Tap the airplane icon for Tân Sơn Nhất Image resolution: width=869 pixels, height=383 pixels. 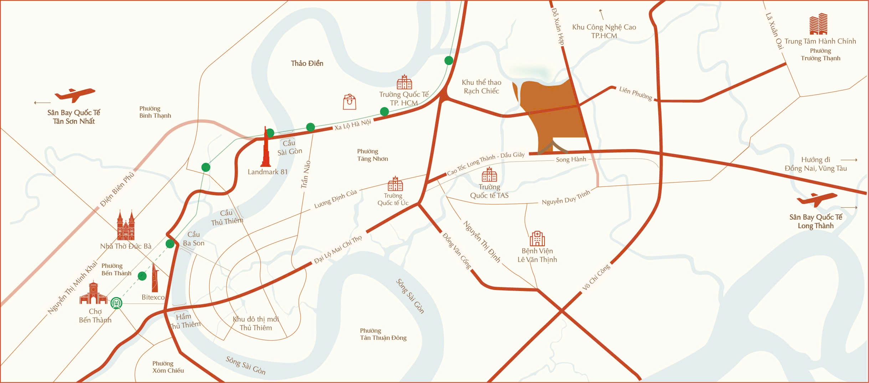pyautogui.click(x=75, y=95)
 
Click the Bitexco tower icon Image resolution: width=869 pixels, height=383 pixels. pyautogui.click(x=155, y=278)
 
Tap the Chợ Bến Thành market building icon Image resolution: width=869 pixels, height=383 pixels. pyautogui.click(x=93, y=293)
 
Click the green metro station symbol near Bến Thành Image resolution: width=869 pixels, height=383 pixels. pyautogui.click(x=116, y=303)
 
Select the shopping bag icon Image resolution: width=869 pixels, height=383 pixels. pyautogui.click(x=349, y=102)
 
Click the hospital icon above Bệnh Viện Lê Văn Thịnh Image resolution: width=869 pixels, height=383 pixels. pyautogui.click(x=537, y=239)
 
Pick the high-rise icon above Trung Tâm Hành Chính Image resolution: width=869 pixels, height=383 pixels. pyautogui.click(x=818, y=24)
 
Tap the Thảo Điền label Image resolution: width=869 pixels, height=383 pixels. pyautogui.click(x=307, y=63)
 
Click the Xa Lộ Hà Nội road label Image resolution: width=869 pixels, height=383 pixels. pyautogui.click(x=353, y=125)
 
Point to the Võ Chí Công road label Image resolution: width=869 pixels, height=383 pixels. pyautogui.click(x=596, y=277)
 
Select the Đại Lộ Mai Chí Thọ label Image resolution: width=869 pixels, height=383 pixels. pyautogui.click(x=338, y=250)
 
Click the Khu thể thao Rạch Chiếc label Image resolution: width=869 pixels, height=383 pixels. pyautogui.click(x=481, y=87)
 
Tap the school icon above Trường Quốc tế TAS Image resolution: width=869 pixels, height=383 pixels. pyautogui.click(x=489, y=174)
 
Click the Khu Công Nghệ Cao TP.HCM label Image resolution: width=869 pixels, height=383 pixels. pyautogui.click(x=604, y=31)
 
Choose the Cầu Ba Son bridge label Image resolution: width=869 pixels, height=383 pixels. pyautogui.click(x=194, y=239)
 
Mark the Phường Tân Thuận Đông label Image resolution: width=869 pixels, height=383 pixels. pyautogui.click(x=383, y=334)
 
